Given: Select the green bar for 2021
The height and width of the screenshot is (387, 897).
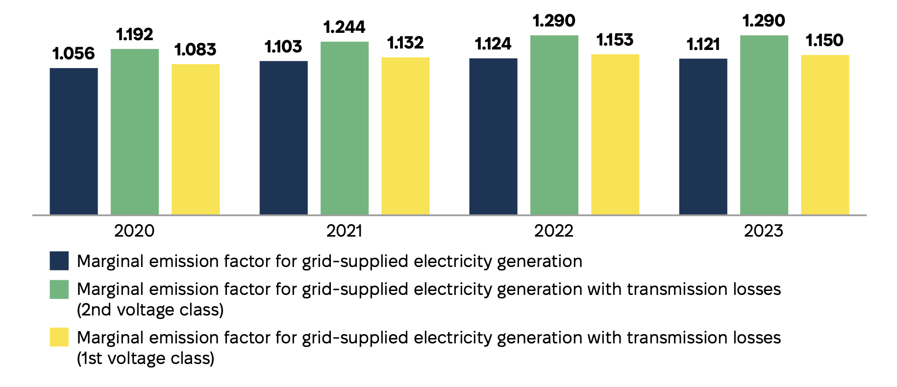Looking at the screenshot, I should click(x=344, y=128).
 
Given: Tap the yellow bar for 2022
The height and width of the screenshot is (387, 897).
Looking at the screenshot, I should click(x=615, y=134).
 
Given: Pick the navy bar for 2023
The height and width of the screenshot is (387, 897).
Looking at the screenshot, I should click(x=703, y=137).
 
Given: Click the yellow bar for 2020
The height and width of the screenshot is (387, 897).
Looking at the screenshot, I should click(x=195, y=139).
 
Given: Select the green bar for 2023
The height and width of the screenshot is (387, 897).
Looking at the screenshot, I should click(x=764, y=125).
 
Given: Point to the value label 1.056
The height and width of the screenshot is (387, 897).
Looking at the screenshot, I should click(x=74, y=53).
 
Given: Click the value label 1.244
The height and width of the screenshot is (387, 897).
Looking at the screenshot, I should click(x=344, y=27).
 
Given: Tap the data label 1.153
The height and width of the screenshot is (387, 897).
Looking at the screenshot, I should click(x=615, y=40).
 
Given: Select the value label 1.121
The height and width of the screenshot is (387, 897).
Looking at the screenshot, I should click(x=703, y=45).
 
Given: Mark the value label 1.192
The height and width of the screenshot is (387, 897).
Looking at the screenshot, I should click(x=134, y=34).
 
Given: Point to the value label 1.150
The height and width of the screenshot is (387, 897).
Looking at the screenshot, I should click(x=824, y=40).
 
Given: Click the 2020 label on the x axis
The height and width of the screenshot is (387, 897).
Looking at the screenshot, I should click(x=134, y=231).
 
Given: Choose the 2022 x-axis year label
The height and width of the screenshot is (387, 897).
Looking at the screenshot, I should click(x=554, y=231).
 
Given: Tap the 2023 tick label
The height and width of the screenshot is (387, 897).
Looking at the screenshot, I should click(x=764, y=231).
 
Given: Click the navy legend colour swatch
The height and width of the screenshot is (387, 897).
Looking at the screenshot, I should click(x=59, y=261).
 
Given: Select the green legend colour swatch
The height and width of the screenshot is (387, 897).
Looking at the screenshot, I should click(x=59, y=289).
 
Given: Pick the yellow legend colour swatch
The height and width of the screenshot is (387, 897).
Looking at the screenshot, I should click(x=59, y=338).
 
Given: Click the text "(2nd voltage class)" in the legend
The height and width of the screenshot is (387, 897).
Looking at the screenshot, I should click(x=150, y=310).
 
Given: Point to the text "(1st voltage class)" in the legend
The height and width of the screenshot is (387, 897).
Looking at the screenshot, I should click(x=146, y=359).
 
